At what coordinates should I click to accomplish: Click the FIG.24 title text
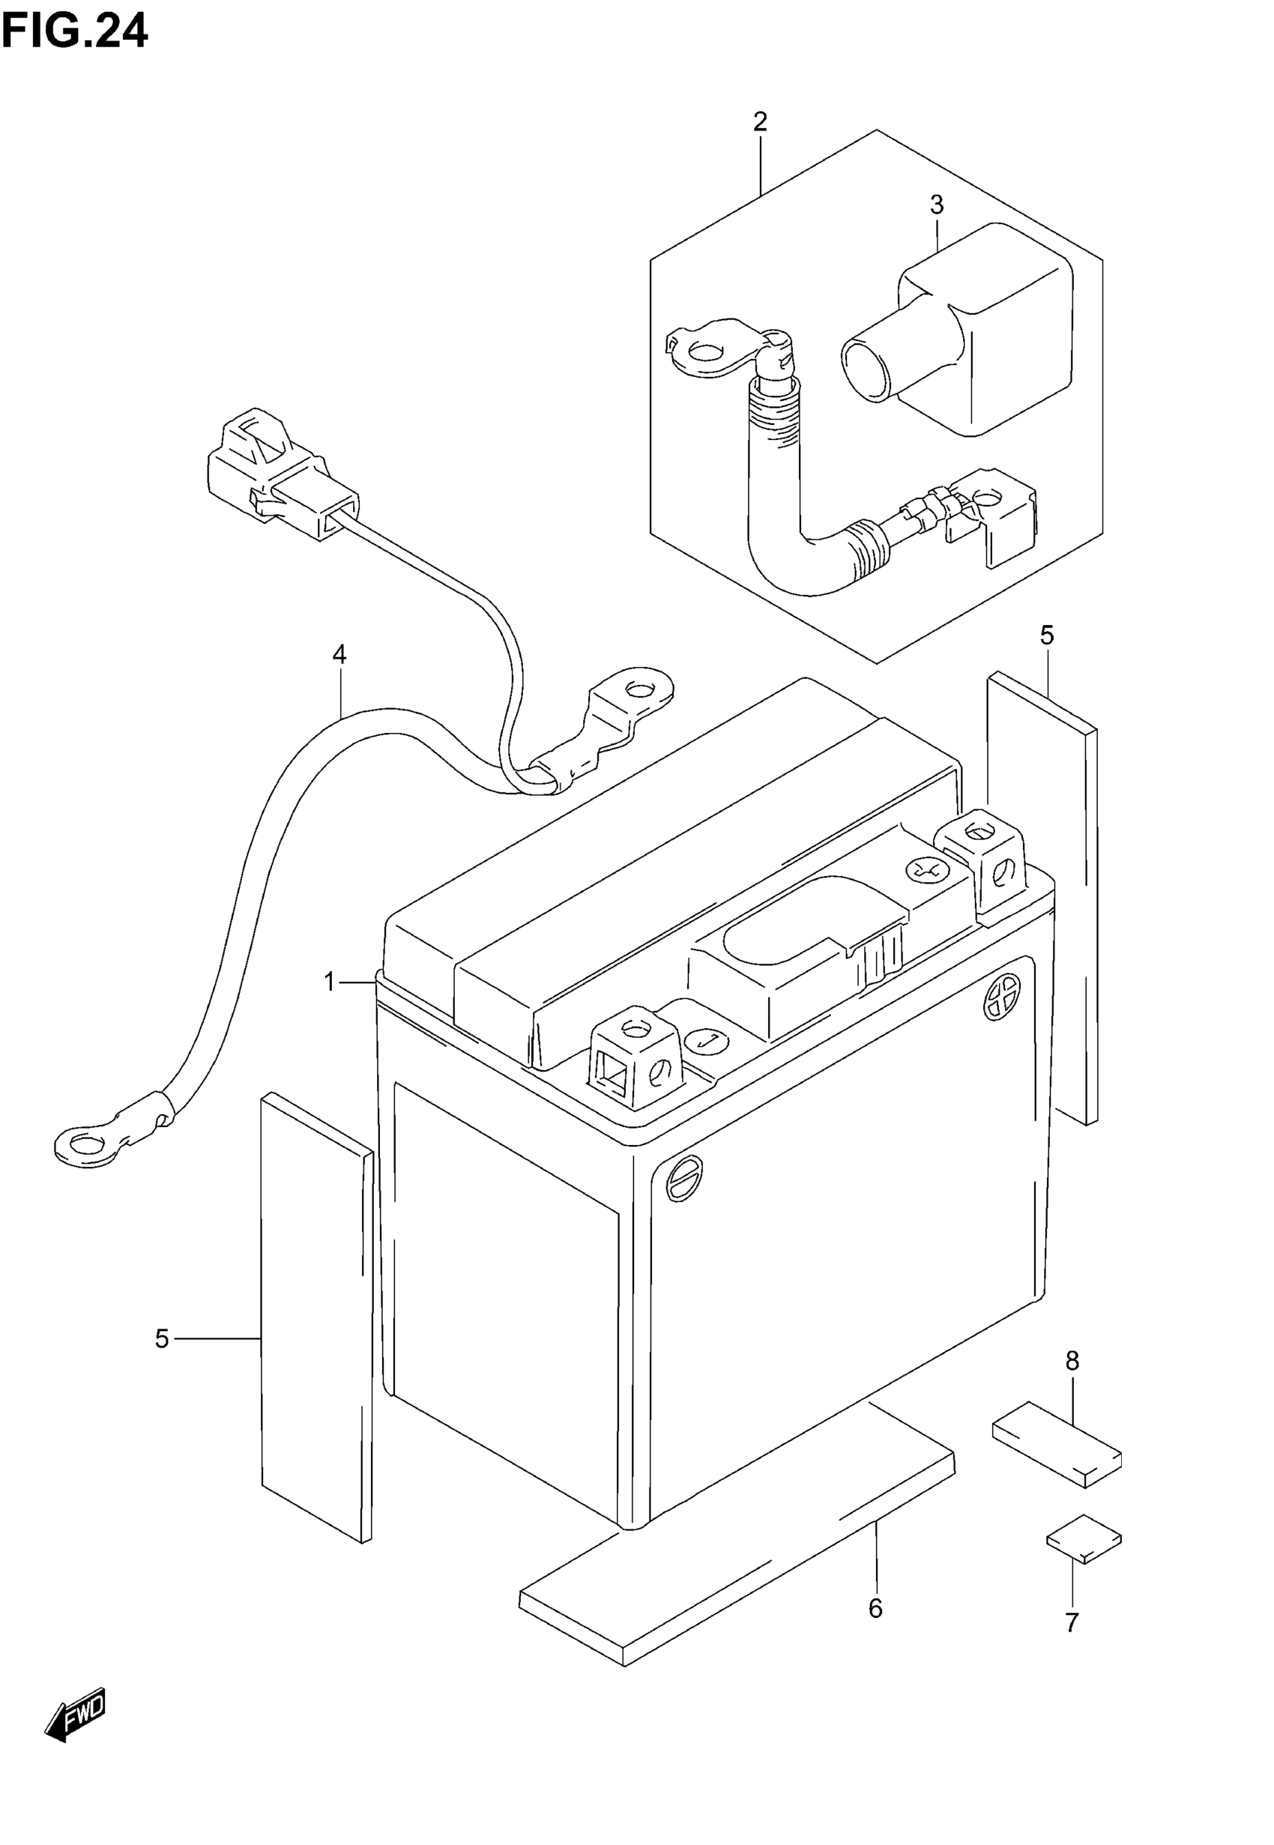point(74,33)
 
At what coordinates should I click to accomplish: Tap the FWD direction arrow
point(75,1714)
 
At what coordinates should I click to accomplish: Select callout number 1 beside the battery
point(330,982)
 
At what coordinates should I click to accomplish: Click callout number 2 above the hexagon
point(760,122)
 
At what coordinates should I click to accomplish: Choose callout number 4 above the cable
point(339,655)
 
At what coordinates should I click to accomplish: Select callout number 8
point(1072,1361)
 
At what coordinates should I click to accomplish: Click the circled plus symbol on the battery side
point(1003,997)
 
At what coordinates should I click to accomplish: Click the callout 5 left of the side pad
point(162,1338)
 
